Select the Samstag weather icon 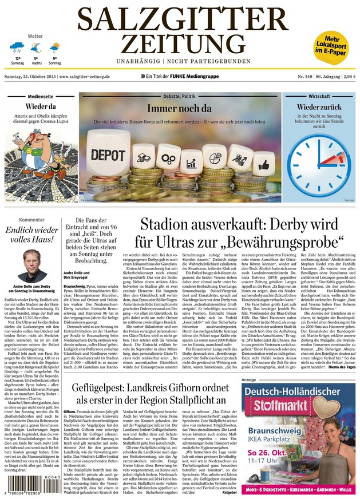pos(17,47)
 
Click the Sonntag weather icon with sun pos(55,47)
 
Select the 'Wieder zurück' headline pos(319,107)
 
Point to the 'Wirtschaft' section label pos(319,97)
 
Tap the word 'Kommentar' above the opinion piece pos(32,220)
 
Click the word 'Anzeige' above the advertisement pos(250,379)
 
